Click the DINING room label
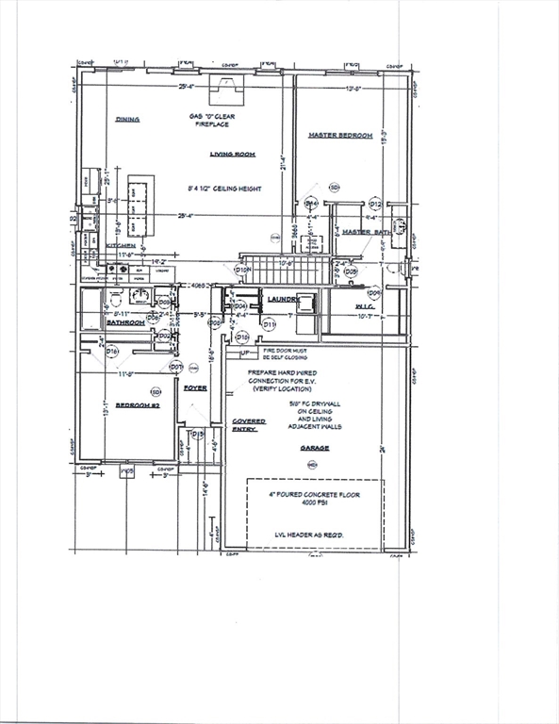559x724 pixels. [x=127, y=120]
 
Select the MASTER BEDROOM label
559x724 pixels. [x=340, y=136]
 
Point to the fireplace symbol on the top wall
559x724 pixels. [x=223, y=89]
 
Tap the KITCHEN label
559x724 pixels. [x=121, y=245]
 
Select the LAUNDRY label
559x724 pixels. [x=282, y=299]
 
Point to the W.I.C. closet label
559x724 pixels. [x=339, y=306]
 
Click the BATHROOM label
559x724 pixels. [x=124, y=322]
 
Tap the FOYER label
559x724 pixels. [x=195, y=387]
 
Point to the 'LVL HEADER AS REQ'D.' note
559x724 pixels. [x=314, y=535]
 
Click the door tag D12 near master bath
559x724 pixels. [x=375, y=204]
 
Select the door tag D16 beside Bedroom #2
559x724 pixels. [x=112, y=351]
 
